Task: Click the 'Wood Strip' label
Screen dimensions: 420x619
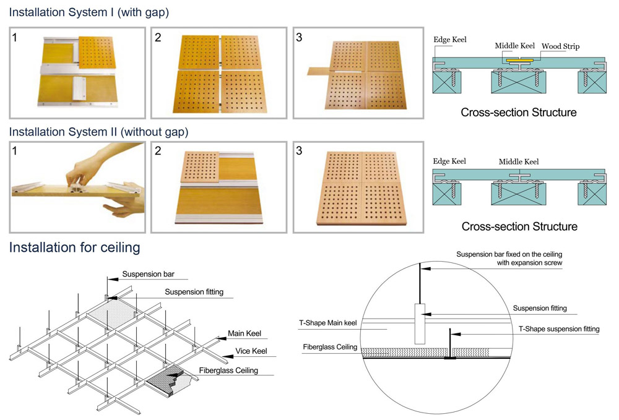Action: point(560,46)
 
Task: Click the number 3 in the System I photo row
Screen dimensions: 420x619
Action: point(300,38)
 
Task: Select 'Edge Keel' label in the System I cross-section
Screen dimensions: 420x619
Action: point(450,40)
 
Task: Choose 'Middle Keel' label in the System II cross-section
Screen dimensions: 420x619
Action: point(519,162)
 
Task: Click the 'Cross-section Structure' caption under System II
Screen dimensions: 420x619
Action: point(519,226)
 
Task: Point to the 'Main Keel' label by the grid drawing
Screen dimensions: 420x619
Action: point(245,333)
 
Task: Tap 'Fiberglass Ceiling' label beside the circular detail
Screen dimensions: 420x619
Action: point(330,347)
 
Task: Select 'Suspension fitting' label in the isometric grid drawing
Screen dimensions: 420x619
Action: point(194,292)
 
